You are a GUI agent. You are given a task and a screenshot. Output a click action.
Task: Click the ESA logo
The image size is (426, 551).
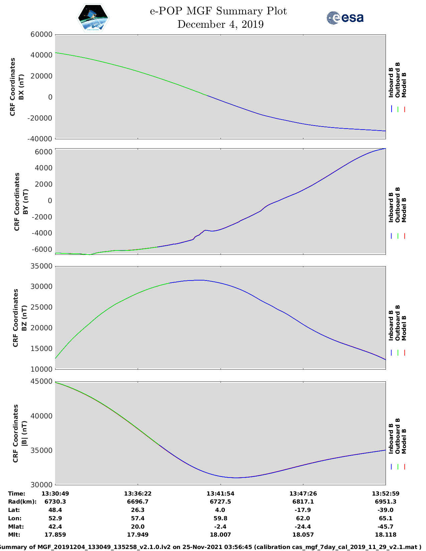pos(345,18)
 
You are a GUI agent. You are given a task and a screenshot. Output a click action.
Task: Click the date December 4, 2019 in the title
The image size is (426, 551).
pos(220,24)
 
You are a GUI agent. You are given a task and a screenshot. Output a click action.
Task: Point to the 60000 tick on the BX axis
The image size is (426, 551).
pos(41,34)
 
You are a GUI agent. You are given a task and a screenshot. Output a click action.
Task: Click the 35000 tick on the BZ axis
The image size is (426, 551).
pos(41,266)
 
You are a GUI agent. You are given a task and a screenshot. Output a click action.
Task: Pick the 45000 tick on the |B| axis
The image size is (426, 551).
pos(41,381)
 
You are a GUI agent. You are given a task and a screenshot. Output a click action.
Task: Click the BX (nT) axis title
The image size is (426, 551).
pos(21,87)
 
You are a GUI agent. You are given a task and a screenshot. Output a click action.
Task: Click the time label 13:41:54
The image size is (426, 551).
pos(220,494)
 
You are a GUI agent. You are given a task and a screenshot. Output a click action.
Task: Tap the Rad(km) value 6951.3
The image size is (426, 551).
pos(386,502)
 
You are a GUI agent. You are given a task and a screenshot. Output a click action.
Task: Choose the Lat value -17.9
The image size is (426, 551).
pos(303,510)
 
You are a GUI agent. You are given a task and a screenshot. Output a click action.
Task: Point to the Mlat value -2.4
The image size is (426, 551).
pos(220,527)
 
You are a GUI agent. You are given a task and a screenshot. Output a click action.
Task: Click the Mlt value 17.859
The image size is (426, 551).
pos(55,535)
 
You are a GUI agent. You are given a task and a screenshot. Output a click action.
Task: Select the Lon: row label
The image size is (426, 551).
pos(15,518)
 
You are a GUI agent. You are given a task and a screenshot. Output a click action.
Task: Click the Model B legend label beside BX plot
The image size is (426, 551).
pos(404,85)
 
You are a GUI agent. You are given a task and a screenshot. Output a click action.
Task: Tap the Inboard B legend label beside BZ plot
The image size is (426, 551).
pos(391,325)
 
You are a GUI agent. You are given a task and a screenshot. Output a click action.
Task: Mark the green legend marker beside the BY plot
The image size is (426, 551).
pos(398,236)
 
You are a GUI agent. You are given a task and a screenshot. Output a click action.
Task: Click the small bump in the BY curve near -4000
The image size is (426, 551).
pos(205,230)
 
